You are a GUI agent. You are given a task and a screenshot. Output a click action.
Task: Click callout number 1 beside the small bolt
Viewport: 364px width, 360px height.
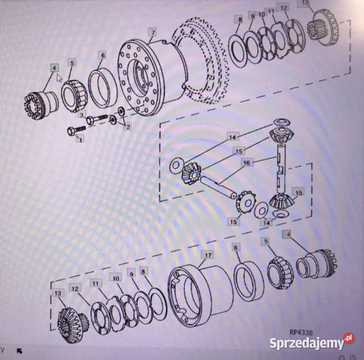(x=80, y=139)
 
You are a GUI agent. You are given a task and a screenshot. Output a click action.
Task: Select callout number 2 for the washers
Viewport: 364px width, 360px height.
(x=127, y=126)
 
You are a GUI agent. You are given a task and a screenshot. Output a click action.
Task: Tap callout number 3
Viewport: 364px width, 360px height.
(x=81, y=114)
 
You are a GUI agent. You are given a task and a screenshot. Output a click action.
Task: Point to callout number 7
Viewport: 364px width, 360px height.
(x=153, y=32)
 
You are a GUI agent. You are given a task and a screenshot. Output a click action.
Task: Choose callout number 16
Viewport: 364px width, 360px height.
(x=246, y=162)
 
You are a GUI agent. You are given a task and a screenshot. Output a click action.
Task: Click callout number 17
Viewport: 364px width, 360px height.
(x=208, y=255)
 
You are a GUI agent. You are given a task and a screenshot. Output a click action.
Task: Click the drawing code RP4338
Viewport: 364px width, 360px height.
(x=301, y=332)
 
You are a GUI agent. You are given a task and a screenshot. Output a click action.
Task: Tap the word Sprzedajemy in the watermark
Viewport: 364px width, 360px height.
(x=306, y=343)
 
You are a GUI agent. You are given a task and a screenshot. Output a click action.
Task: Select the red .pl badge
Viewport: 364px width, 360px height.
(x=349, y=338)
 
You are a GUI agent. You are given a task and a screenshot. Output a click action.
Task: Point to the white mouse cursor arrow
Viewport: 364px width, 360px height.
(x=59, y=78)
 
